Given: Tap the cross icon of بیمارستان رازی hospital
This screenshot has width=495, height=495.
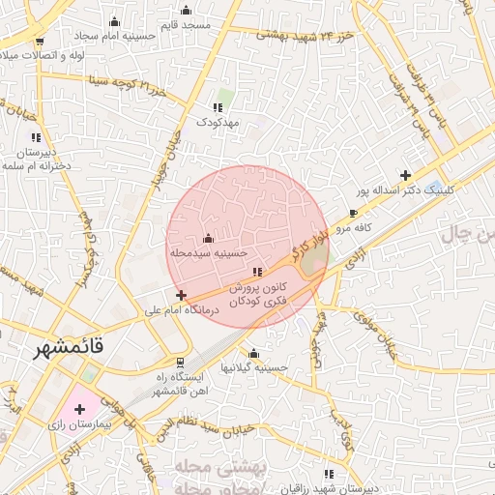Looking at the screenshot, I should (x=79, y=410).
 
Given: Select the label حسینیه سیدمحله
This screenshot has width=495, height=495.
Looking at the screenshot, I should (x=205, y=252).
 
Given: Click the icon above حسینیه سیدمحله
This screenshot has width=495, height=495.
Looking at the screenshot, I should (x=209, y=238).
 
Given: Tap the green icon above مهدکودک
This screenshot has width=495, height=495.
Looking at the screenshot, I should (x=218, y=107).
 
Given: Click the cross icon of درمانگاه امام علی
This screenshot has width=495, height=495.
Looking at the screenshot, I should (x=182, y=294).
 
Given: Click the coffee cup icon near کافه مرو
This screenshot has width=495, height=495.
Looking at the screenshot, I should (x=353, y=213).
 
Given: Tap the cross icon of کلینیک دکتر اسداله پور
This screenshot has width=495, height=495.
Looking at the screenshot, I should (x=404, y=175).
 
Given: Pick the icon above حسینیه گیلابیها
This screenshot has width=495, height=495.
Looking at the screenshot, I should (x=253, y=353).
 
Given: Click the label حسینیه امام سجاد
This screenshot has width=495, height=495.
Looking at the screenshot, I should (x=118, y=36).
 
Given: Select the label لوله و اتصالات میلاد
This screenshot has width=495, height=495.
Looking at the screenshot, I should (x=40, y=55).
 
